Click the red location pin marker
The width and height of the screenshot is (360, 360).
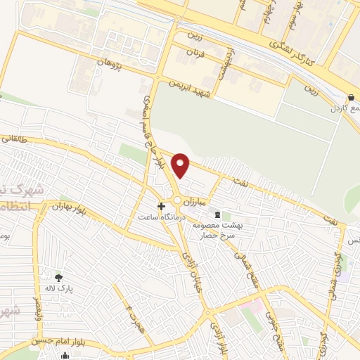tap(182, 165)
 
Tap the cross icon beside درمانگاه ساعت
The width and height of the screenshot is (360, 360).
tap(162, 207)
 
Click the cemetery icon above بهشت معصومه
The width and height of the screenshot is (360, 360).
tap(217, 214)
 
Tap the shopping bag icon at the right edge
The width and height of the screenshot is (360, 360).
tap(351, 98)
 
